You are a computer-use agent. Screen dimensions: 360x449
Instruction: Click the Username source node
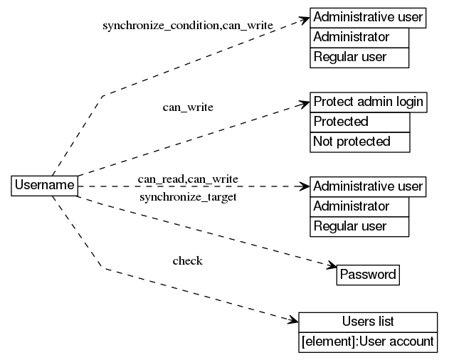tap(44, 186)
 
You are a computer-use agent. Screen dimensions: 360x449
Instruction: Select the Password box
tap(368, 275)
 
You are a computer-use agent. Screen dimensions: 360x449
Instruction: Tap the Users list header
tap(367, 322)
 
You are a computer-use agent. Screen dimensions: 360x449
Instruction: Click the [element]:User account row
tap(367, 342)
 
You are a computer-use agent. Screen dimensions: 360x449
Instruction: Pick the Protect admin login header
tap(368, 102)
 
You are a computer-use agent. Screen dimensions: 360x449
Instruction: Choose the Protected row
tap(360, 122)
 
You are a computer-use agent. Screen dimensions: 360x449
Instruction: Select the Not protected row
tap(360, 142)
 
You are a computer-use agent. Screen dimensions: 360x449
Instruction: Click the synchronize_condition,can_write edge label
tap(188, 26)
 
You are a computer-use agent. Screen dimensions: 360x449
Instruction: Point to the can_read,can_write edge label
tap(188, 178)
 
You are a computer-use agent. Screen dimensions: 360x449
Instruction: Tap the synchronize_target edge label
tap(188, 196)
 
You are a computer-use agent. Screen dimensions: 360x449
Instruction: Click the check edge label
tap(188, 261)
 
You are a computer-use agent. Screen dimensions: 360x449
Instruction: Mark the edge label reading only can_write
tap(188, 107)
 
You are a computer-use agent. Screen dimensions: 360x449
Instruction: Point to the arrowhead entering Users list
tap(293, 321)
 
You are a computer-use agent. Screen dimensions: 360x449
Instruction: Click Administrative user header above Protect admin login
tap(368, 17)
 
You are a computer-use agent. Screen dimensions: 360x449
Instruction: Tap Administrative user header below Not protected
tap(368, 186)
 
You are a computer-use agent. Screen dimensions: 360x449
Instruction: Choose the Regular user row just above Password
tap(359, 226)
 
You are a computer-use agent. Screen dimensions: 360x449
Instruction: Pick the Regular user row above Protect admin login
tap(359, 57)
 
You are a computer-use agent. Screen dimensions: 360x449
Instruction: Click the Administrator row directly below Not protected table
tap(359, 206)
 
